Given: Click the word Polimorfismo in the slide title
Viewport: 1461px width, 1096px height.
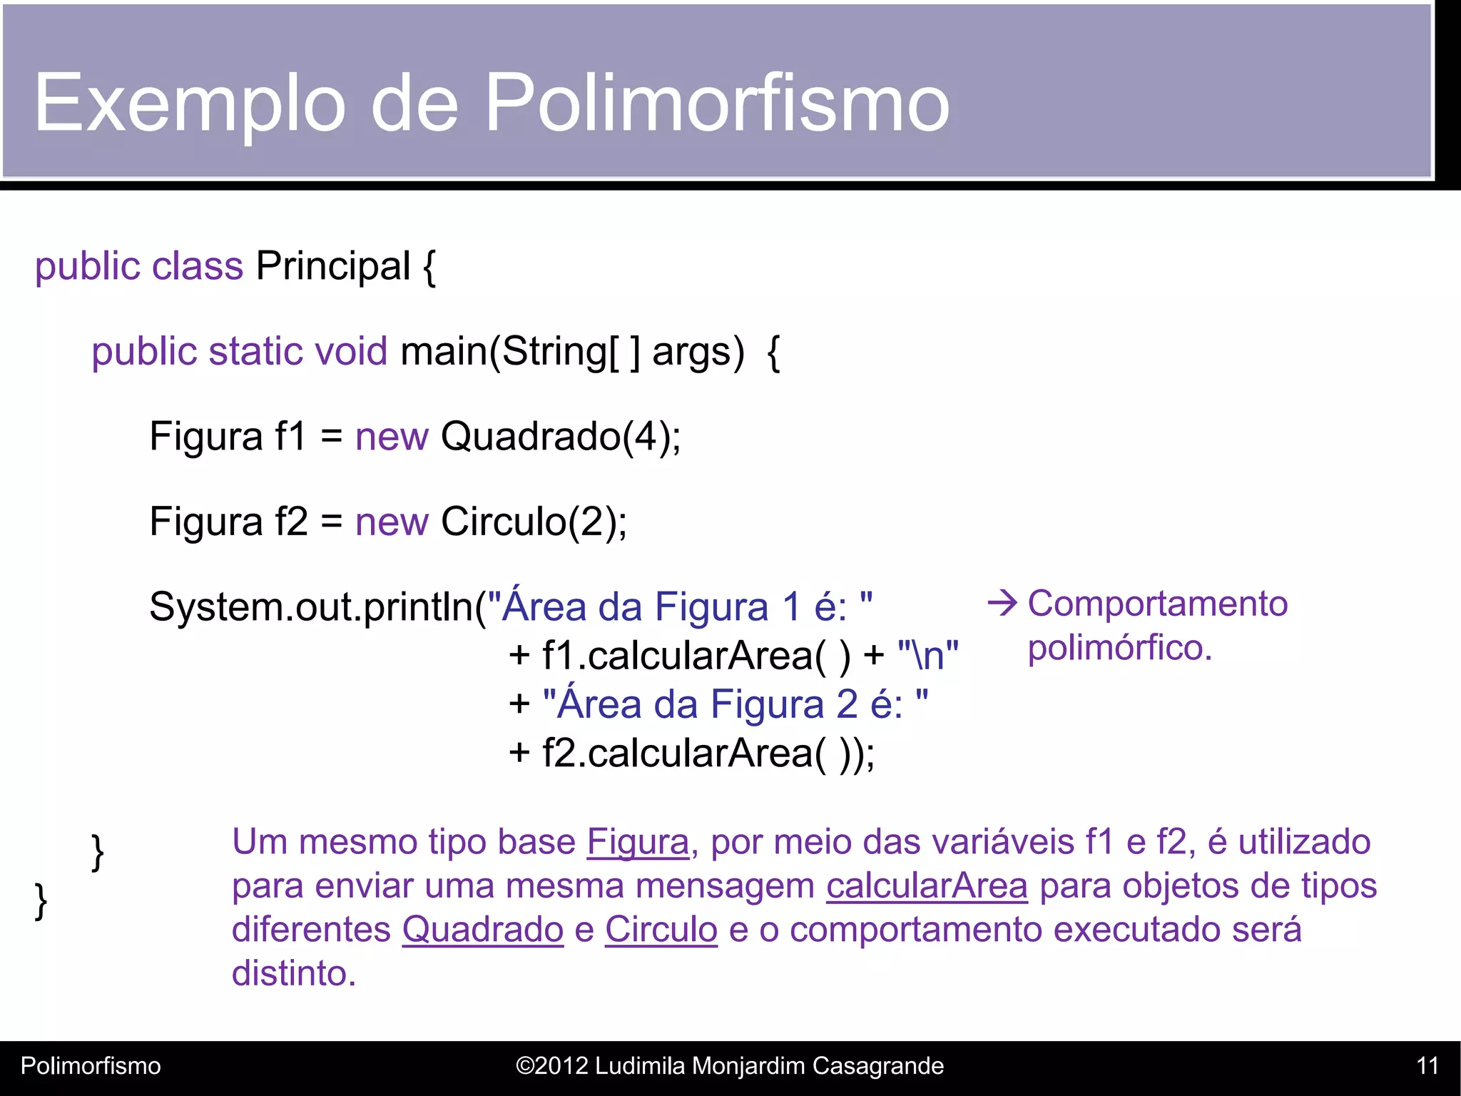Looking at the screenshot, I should (717, 103).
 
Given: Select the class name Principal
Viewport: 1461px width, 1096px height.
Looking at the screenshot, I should (332, 266).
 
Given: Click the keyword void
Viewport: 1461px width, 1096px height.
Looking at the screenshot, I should (351, 351).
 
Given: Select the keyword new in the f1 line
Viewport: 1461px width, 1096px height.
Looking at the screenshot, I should (392, 436).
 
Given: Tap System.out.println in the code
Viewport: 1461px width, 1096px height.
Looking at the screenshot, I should (311, 607).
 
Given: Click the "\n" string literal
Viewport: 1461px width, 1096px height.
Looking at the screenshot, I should (928, 655).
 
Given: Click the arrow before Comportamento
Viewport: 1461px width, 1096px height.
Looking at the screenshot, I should (1002, 604).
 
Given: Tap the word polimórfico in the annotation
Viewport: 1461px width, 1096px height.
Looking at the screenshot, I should (1119, 648).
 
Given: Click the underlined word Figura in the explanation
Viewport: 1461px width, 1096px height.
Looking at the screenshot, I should (638, 842).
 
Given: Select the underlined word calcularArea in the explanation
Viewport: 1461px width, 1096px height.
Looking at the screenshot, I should (927, 886).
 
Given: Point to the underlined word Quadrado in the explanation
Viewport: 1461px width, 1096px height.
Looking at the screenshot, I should (483, 930).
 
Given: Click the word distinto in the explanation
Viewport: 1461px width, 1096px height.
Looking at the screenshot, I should (293, 973).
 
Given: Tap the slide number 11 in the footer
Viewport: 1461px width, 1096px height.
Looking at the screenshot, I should (1427, 1066).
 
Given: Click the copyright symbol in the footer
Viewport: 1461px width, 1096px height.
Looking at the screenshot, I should (524, 1066).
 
